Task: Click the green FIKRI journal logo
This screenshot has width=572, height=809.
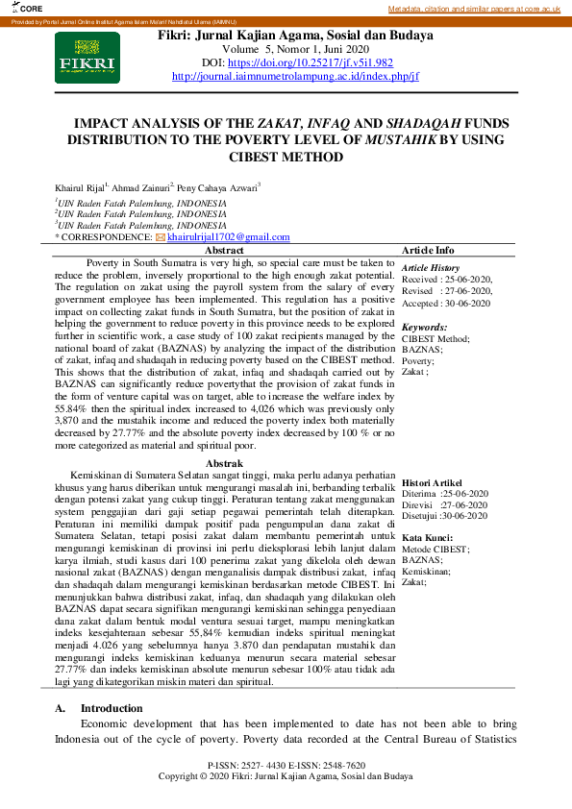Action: point(87,57)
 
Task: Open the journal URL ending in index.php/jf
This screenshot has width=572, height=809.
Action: point(295,75)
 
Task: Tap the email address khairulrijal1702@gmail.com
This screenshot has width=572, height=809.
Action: point(229,236)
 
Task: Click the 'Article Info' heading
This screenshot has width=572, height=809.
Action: point(428,250)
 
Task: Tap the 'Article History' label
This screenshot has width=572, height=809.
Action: point(431,267)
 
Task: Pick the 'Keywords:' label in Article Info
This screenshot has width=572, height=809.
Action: point(424,327)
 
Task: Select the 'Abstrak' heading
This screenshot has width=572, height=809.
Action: point(225,463)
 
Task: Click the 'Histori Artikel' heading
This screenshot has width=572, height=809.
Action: point(432,481)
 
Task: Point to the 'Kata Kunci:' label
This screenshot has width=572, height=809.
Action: point(428,537)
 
